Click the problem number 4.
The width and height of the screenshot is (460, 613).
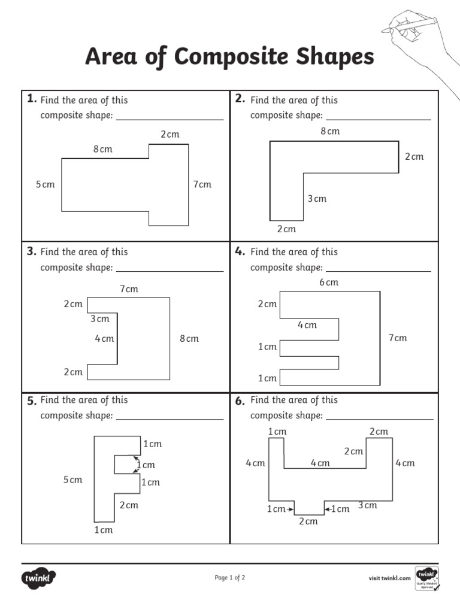[240, 251]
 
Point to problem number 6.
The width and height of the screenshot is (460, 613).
[240, 401]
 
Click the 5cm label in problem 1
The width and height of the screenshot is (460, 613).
[45, 184]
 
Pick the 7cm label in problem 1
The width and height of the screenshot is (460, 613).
[202, 184]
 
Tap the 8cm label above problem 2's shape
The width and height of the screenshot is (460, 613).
[330, 131]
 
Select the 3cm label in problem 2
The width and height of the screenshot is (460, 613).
[317, 199]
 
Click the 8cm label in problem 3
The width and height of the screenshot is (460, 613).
[189, 339]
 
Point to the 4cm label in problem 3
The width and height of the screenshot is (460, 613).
[104, 339]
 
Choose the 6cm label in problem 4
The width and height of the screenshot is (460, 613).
[329, 282]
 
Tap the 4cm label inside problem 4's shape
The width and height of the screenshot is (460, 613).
[307, 325]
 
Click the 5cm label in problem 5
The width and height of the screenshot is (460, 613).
[73, 480]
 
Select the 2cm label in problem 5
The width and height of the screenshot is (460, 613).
[129, 505]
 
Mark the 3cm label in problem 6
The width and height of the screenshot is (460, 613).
[368, 505]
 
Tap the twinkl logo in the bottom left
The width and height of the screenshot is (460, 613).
[39, 578]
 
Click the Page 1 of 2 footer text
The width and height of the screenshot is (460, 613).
[230, 578]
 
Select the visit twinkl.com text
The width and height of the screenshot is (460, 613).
[389, 578]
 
